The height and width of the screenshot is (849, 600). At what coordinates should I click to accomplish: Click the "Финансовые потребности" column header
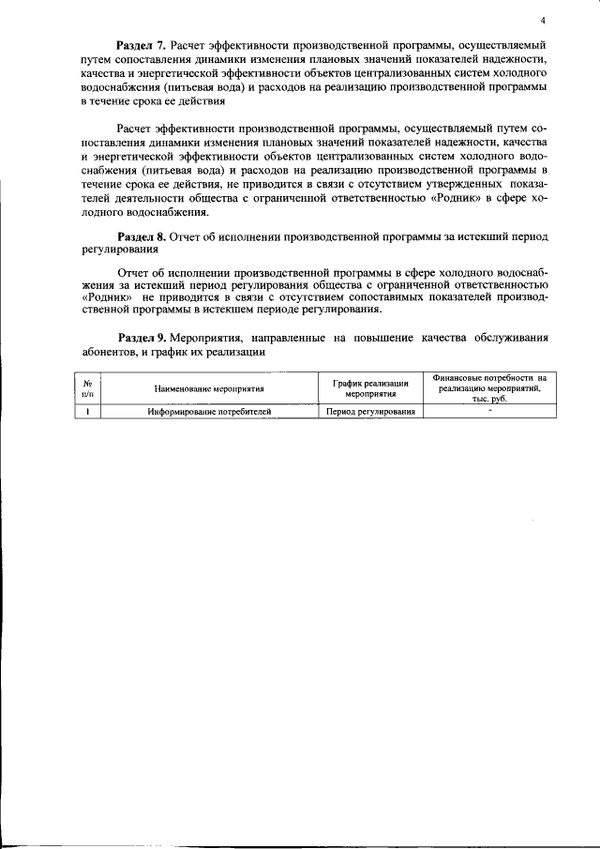(482, 387)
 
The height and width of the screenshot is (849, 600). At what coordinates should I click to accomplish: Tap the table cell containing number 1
(87, 411)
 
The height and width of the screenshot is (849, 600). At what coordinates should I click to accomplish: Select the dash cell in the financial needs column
(488, 411)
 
